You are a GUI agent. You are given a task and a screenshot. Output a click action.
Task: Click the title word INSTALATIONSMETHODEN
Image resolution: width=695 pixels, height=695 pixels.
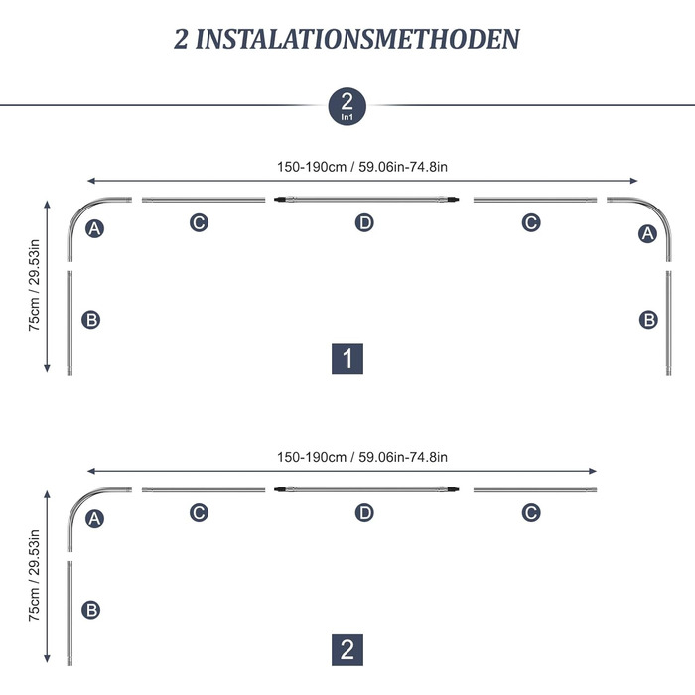[357, 39]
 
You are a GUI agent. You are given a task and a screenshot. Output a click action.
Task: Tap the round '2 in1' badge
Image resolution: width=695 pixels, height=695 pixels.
[347, 106]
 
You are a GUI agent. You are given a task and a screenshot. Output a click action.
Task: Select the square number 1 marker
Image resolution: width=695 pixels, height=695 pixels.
[347, 358]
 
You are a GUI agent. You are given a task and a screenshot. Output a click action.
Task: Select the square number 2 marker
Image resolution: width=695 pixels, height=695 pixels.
[347, 649]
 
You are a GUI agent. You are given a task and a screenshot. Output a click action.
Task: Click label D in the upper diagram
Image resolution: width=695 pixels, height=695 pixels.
[364, 222]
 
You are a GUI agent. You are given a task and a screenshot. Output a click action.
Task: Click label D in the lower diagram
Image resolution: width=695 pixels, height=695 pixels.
[364, 513]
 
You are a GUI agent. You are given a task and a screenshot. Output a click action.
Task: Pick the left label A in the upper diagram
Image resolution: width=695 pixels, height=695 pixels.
[95, 228]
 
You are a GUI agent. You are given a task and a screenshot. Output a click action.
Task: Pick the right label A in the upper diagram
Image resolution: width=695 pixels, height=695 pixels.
[647, 233]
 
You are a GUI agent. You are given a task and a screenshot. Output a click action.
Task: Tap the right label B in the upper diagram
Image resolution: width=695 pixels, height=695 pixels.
[648, 320]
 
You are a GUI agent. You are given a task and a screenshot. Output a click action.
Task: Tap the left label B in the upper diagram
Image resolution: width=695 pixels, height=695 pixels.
[91, 320]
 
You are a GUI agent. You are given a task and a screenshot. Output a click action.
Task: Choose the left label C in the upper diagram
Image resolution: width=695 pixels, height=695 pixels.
[199, 222]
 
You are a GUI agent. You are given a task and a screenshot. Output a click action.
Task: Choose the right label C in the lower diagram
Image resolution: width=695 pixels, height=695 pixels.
[531, 513]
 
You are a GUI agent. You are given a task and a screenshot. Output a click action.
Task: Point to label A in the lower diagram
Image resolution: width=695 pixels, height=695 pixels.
[95, 518]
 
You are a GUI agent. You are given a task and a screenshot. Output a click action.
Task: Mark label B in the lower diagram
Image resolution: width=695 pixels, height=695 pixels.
[91, 610]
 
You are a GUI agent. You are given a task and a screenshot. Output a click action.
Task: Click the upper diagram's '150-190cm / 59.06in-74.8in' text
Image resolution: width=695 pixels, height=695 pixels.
[362, 167]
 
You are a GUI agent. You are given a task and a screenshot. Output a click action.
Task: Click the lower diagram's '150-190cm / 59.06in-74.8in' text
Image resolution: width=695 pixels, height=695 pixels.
[362, 457]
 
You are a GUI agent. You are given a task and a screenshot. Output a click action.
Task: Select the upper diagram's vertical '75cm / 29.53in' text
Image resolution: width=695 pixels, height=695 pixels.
[34, 285]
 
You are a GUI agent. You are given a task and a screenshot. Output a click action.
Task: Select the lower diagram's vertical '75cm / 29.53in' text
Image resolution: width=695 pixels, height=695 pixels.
[34, 575]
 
